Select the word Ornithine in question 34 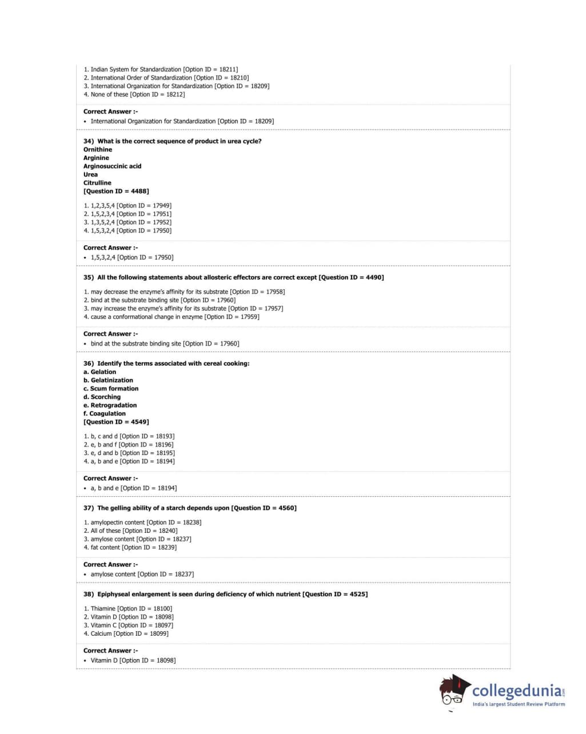(x=98, y=150)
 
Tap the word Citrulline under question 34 (x=97, y=183)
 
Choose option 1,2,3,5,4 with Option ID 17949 (x=127, y=206)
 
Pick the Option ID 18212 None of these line (x=134, y=95)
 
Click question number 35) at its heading (x=89, y=278)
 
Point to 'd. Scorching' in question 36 (x=102, y=397)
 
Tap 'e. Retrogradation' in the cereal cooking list (x=110, y=405)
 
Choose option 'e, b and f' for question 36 (x=129, y=445)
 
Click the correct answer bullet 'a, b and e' (x=133, y=488)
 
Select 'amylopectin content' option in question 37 (x=142, y=522)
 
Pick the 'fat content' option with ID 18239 (x=130, y=548)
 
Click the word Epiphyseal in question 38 (x=114, y=595)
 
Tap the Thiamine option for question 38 (x=127, y=609)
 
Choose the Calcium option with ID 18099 (x=126, y=634)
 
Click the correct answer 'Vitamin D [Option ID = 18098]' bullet (x=133, y=661)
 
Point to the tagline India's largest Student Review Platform (x=519, y=704)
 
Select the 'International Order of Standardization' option (x=166, y=78)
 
